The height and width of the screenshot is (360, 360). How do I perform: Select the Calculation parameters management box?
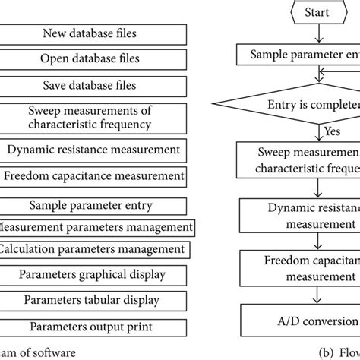tap(93, 249)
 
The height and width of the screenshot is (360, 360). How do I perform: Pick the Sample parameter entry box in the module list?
tap(90, 205)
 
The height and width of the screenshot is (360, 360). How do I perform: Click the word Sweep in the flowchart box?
tap(270, 154)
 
